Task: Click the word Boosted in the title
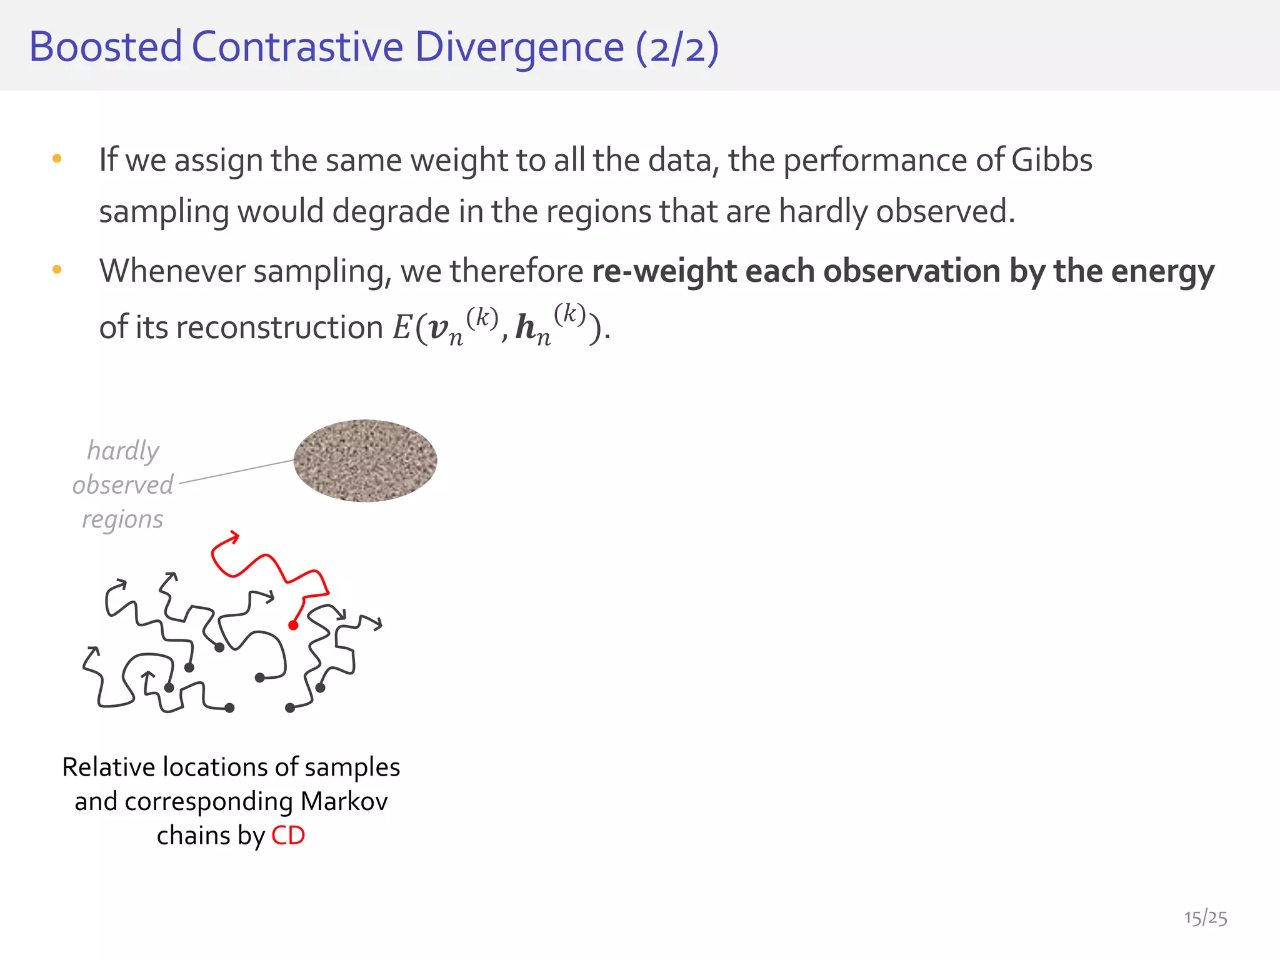[105, 47]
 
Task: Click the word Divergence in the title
[519, 47]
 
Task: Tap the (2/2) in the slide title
[677, 47]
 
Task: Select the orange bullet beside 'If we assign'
[57, 159]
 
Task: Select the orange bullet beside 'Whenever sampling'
[57, 270]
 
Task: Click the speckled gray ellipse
[365, 461]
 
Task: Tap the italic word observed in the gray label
[122, 485]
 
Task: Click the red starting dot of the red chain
[293, 625]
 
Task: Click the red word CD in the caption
[288, 836]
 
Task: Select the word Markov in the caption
[344, 801]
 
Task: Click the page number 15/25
[1205, 918]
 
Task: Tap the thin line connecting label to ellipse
[236, 472]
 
